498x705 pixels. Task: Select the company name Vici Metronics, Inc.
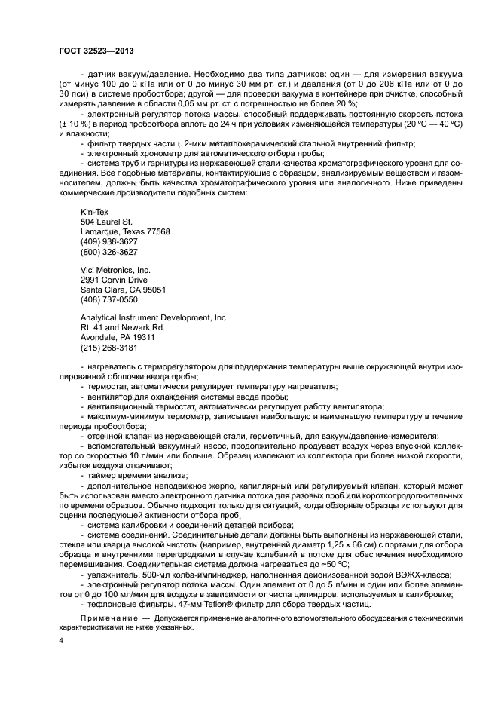tap(115, 270)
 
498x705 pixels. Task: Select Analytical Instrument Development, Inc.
tap(154, 318)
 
